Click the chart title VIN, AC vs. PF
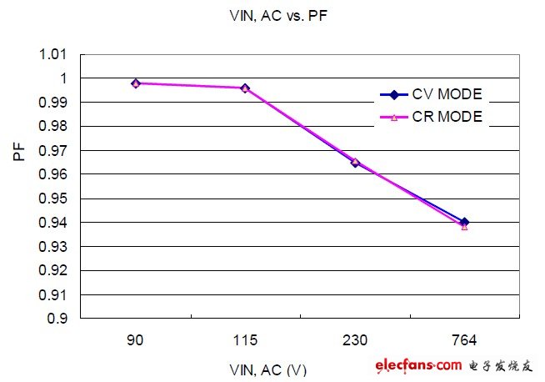coord(272,15)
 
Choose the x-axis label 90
coord(136,342)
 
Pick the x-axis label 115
coord(245,342)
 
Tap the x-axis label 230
coord(355,342)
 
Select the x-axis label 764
coord(464,342)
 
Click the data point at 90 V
coord(136,83)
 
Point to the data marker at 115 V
coord(245,88)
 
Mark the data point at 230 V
coord(355,162)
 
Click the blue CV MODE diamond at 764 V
coord(464,222)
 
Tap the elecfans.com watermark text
coord(417,364)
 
